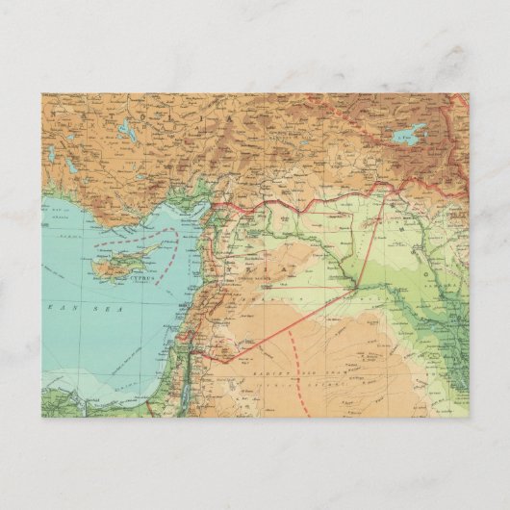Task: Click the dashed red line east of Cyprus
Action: click(x=174, y=247)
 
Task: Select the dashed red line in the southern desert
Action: click(x=304, y=395)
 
